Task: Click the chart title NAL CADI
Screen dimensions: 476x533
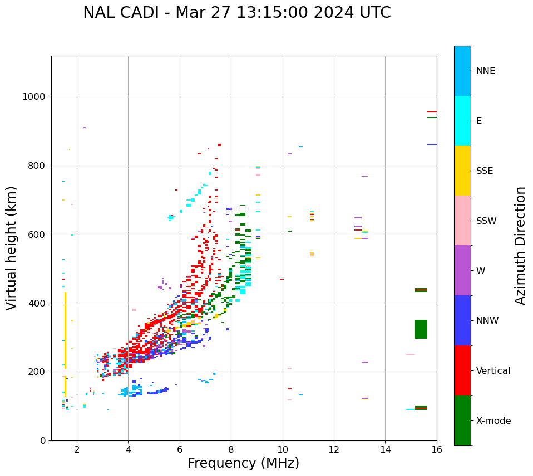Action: point(236,13)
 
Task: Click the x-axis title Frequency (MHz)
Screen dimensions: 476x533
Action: point(243,463)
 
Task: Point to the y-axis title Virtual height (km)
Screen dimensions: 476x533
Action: point(12,248)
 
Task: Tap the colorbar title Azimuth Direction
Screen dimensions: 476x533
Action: point(520,245)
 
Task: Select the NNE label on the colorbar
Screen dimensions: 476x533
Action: point(485,71)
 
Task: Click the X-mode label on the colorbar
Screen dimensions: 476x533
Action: point(493,421)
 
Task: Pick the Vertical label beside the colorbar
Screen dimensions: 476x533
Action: point(493,371)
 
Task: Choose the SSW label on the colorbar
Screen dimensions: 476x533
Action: point(486,221)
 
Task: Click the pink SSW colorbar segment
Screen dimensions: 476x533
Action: point(462,221)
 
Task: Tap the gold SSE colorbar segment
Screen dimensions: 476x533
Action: point(462,171)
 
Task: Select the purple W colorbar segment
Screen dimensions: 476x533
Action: point(462,270)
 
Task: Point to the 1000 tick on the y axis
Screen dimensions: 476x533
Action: point(34,97)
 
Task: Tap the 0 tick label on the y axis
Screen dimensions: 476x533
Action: point(43,440)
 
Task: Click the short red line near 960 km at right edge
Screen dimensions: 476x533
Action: point(432,112)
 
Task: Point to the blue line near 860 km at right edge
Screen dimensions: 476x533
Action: point(432,144)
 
